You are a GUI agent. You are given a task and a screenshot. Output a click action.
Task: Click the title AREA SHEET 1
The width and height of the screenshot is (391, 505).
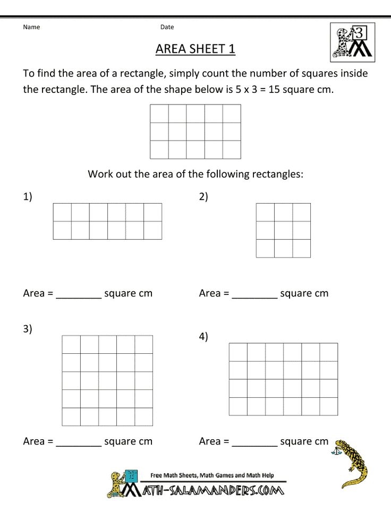(x=195, y=49)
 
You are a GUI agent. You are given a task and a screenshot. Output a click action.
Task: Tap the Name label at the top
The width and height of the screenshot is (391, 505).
(x=31, y=27)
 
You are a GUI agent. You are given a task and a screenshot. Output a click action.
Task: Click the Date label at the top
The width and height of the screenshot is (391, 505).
(x=167, y=27)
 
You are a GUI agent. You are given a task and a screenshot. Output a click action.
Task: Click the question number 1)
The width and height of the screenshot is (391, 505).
(x=28, y=197)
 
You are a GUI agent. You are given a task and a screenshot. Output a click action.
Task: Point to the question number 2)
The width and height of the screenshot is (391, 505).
(x=203, y=197)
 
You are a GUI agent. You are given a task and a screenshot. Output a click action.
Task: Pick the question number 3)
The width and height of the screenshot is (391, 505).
(x=28, y=329)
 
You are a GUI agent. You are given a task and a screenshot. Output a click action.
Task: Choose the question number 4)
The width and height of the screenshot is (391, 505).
(x=203, y=337)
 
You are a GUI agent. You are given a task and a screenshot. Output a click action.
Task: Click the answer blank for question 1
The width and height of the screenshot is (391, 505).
(x=79, y=294)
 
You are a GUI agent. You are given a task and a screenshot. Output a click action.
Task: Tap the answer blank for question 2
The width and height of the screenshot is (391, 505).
(x=254, y=294)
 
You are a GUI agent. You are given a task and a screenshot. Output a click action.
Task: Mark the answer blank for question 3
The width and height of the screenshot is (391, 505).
(x=79, y=442)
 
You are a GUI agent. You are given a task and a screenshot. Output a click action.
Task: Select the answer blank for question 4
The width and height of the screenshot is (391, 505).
(x=254, y=442)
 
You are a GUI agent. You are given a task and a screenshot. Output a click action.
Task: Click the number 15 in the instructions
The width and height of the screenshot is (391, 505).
(x=274, y=89)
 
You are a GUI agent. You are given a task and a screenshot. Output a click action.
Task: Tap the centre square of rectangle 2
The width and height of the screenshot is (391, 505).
(x=283, y=230)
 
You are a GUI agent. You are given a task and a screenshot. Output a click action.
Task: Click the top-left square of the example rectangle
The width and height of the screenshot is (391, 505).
(x=159, y=114)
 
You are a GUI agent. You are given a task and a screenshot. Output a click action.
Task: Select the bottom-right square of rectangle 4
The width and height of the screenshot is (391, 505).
(x=328, y=406)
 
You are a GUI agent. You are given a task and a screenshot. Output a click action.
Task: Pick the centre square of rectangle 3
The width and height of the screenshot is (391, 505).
(x=107, y=380)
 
